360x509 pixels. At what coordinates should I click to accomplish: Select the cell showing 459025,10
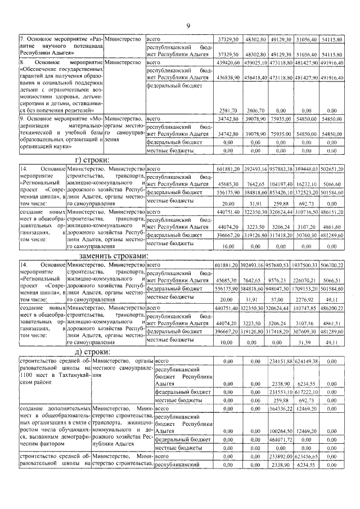click(256, 62)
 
